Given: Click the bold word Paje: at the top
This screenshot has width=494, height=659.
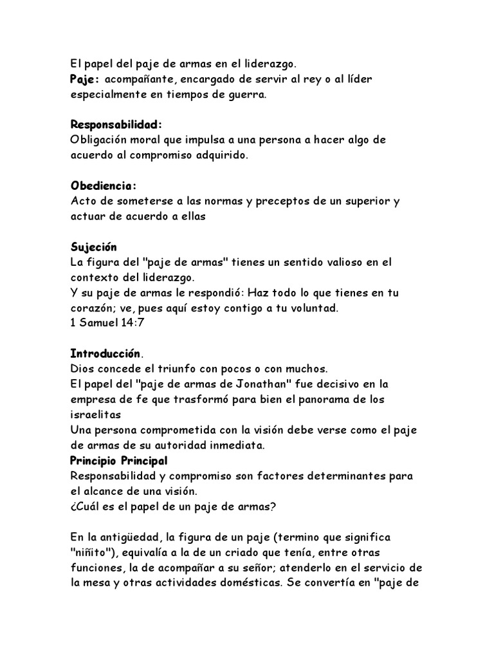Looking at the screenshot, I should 85,79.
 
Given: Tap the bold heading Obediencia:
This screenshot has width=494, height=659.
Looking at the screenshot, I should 104,186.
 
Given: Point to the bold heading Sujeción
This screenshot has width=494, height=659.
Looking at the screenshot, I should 93,247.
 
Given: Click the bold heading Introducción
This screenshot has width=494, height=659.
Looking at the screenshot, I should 105,353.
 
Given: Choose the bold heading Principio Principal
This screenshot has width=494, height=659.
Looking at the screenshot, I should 118,461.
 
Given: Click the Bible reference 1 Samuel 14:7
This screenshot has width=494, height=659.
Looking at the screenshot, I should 107,323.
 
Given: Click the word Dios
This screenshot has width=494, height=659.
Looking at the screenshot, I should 82,369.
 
